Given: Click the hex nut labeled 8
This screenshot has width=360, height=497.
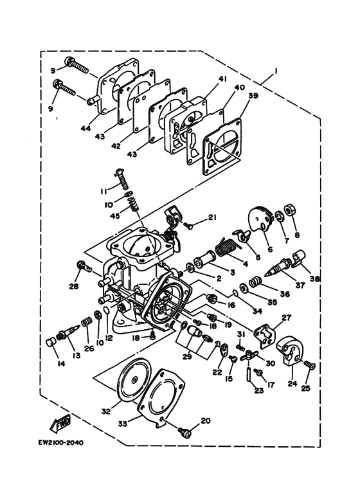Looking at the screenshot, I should coord(289,210).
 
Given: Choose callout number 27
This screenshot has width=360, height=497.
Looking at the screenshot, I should coord(287,318).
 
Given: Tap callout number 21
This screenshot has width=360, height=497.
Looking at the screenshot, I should coord(212,217).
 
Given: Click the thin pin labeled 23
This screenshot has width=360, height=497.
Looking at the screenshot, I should coord(247,372).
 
